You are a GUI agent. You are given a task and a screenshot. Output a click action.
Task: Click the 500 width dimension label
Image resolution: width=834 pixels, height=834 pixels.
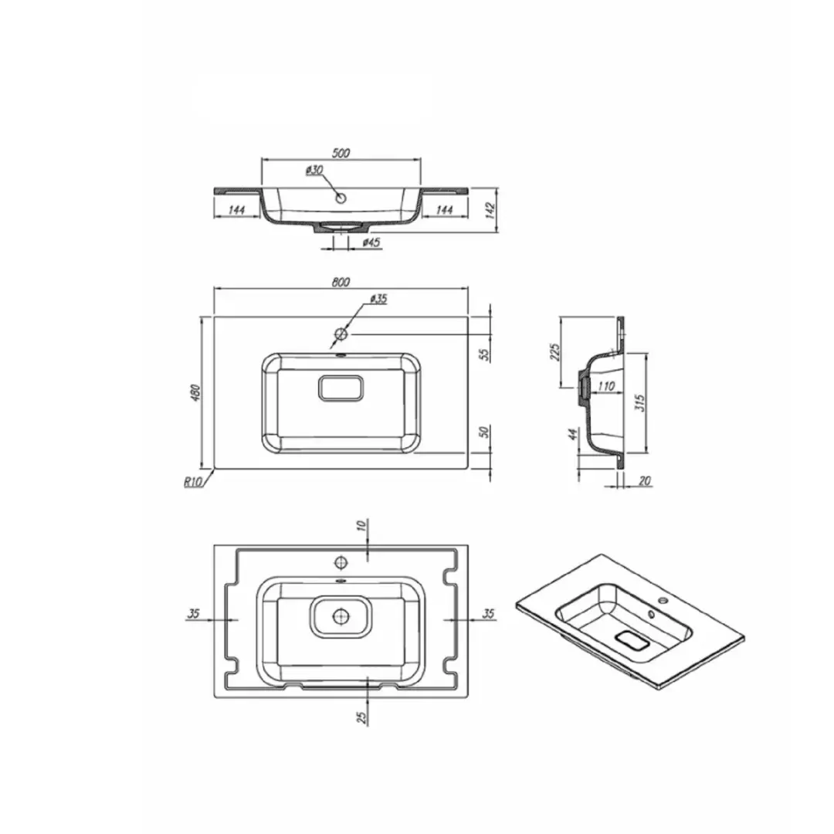click(341, 153)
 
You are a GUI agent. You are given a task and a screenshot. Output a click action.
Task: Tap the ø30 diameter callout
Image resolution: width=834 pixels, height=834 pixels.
click(314, 170)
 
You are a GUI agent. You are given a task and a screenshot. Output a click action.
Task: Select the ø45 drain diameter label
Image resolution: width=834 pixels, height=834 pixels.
click(371, 242)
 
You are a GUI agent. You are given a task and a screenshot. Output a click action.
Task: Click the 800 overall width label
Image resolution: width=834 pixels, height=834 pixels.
click(341, 282)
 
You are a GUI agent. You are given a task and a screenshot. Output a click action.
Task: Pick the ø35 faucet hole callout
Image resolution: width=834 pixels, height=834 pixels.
click(378, 299)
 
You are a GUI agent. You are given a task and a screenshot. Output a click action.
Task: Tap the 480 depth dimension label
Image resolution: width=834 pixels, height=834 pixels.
click(195, 392)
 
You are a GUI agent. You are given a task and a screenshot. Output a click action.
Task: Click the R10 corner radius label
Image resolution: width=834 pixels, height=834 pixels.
click(194, 483)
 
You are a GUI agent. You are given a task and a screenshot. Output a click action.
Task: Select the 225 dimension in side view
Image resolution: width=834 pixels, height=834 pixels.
click(554, 352)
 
